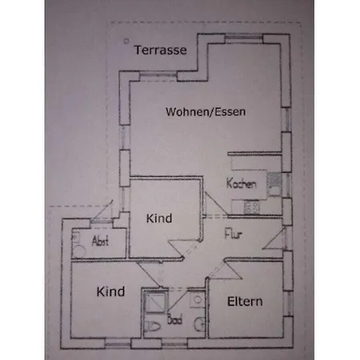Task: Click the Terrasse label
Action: pyautogui.click(x=160, y=50)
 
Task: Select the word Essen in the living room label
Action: pyautogui.click(x=230, y=111)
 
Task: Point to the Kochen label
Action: pyautogui.click(x=242, y=183)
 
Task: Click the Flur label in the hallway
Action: pyautogui.click(x=234, y=234)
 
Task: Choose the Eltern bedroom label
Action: pyautogui.click(x=245, y=302)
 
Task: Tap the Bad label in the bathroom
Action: pyautogui.click(x=175, y=319)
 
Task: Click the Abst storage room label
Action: pyautogui.click(x=100, y=241)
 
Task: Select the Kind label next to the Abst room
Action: pyautogui.click(x=159, y=218)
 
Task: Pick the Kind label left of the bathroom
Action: pyautogui.click(x=110, y=292)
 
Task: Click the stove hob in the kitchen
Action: pyautogui.click(x=252, y=207)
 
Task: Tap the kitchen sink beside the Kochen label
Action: pyautogui.click(x=274, y=185)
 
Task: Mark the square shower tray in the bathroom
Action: pyautogui.click(x=156, y=302)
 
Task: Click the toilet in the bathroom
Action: pyautogui.click(x=153, y=326)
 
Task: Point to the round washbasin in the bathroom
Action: pyautogui.click(x=200, y=324)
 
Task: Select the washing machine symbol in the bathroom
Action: pyautogui.click(x=198, y=300)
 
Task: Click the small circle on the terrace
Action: pyautogui.click(x=126, y=41)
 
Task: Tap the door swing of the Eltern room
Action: pyautogui.click(x=225, y=270)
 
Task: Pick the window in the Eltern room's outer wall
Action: pyautogui.click(x=288, y=303)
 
